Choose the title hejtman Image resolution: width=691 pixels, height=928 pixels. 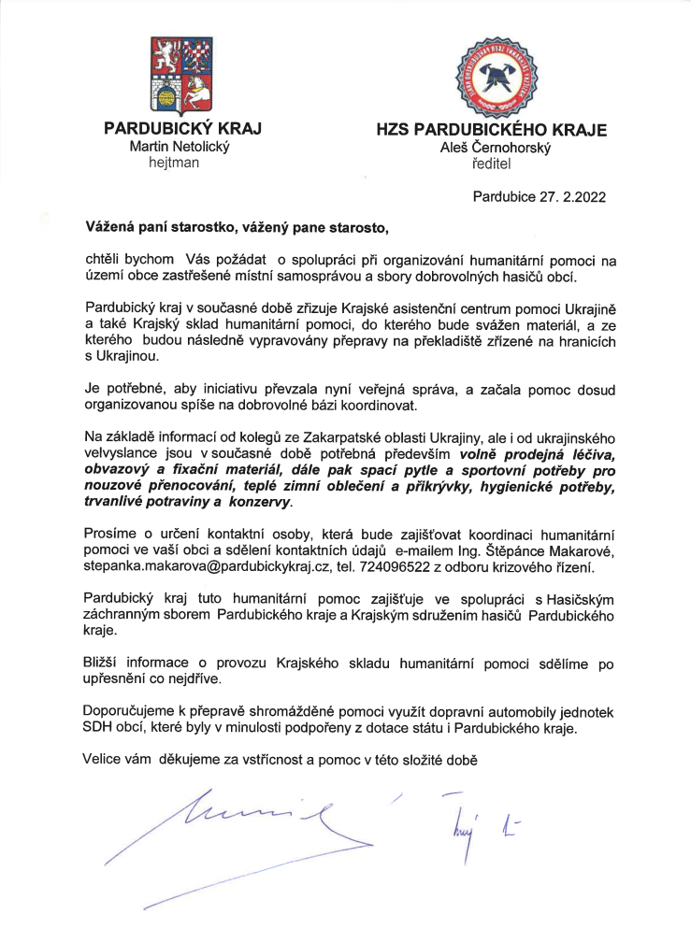[x=174, y=162]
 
